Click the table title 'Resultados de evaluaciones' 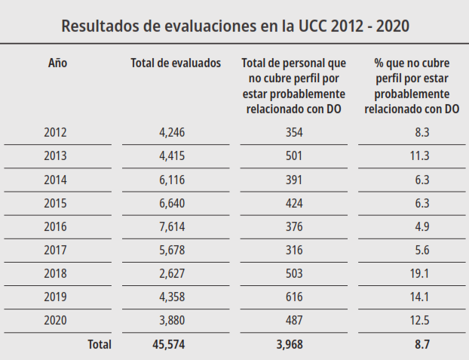tap(234, 26)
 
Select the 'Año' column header tap(57, 63)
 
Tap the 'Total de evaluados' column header tap(176, 63)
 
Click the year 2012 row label tap(55, 132)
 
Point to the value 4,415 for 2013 tap(172, 156)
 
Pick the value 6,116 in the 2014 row tap(172, 180)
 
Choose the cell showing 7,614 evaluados tap(172, 226)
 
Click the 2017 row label tap(55, 250)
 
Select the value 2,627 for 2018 tap(172, 273)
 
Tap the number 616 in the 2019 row tap(294, 297)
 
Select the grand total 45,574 tap(168, 345)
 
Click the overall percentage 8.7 tap(422, 345)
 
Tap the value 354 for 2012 tap(294, 132)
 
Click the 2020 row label tap(55, 320)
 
